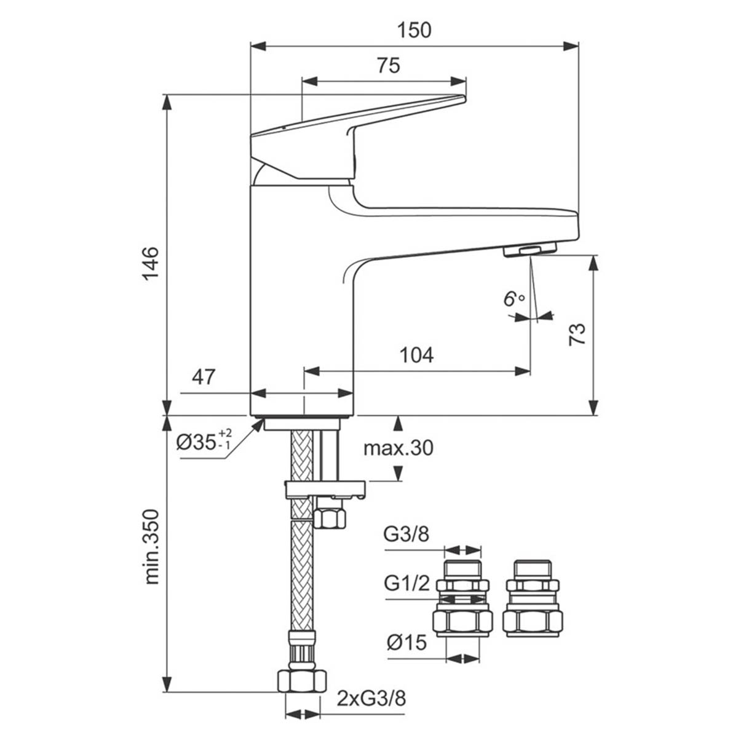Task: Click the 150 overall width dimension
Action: [415, 30]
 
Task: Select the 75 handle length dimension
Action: [387, 65]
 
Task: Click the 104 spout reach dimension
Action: [416, 355]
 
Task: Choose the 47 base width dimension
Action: [204, 376]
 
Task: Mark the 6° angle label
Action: [512, 300]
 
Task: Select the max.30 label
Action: [398, 448]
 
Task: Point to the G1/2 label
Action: [407, 584]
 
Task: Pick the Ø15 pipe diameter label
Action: [407, 643]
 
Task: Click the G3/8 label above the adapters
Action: [407, 534]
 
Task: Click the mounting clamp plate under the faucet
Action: [325, 489]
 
